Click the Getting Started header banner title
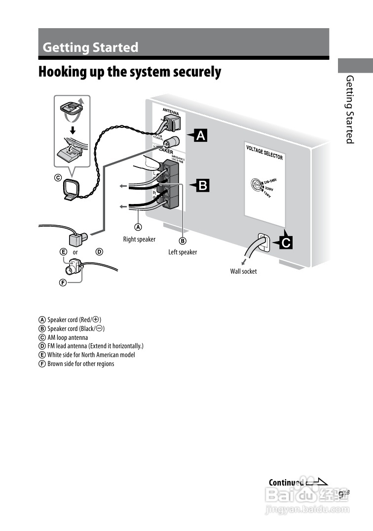90,47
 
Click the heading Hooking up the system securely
130,72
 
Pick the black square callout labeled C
286,243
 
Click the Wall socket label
243,271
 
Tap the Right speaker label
139,240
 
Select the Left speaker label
183,252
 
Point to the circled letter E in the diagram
63,252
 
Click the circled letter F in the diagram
63,283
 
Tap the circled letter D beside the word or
99,252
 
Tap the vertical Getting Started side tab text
349,109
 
